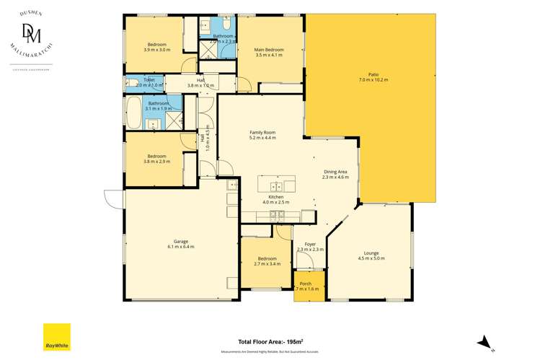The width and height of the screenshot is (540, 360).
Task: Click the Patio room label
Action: (373, 74)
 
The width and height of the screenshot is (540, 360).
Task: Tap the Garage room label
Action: (181, 241)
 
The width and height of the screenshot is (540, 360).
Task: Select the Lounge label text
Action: (371, 253)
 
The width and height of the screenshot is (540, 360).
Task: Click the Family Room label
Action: (262, 133)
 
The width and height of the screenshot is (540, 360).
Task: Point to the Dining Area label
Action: (335, 171)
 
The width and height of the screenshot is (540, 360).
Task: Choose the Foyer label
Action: (310, 245)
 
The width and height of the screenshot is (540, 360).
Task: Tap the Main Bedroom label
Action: (269, 50)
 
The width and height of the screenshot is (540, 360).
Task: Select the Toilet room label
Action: (149, 80)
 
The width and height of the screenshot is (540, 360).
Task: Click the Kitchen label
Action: (275, 197)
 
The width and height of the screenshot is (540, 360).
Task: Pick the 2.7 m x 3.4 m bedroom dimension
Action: (266, 264)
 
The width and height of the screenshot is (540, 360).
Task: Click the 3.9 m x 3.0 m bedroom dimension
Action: (156, 50)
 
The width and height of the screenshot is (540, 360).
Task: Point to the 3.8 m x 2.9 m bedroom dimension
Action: (156, 162)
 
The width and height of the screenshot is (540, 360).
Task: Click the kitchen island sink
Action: (275, 183)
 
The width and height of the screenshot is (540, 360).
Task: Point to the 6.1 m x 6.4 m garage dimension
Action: (181, 247)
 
